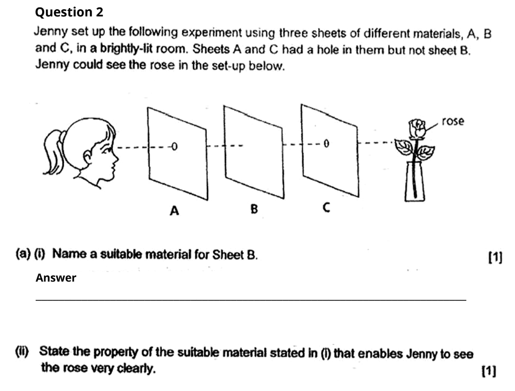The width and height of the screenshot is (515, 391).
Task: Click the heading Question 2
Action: click(x=69, y=12)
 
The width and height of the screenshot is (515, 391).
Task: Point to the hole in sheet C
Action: click(x=326, y=143)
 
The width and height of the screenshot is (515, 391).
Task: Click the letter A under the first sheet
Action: click(x=174, y=210)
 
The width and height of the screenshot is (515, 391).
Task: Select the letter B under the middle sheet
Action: click(x=254, y=209)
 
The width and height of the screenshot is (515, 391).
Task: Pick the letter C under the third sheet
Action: click(x=326, y=208)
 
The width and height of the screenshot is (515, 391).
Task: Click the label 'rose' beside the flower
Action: click(x=453, y=121)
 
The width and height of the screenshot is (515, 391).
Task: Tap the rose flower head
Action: click(x=417, y=128)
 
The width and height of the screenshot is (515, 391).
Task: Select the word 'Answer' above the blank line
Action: click(x=56, y=278)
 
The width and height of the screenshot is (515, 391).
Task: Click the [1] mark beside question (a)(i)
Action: click(x=496, y=257)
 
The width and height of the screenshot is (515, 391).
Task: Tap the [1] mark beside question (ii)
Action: click(x=488, y=371)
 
